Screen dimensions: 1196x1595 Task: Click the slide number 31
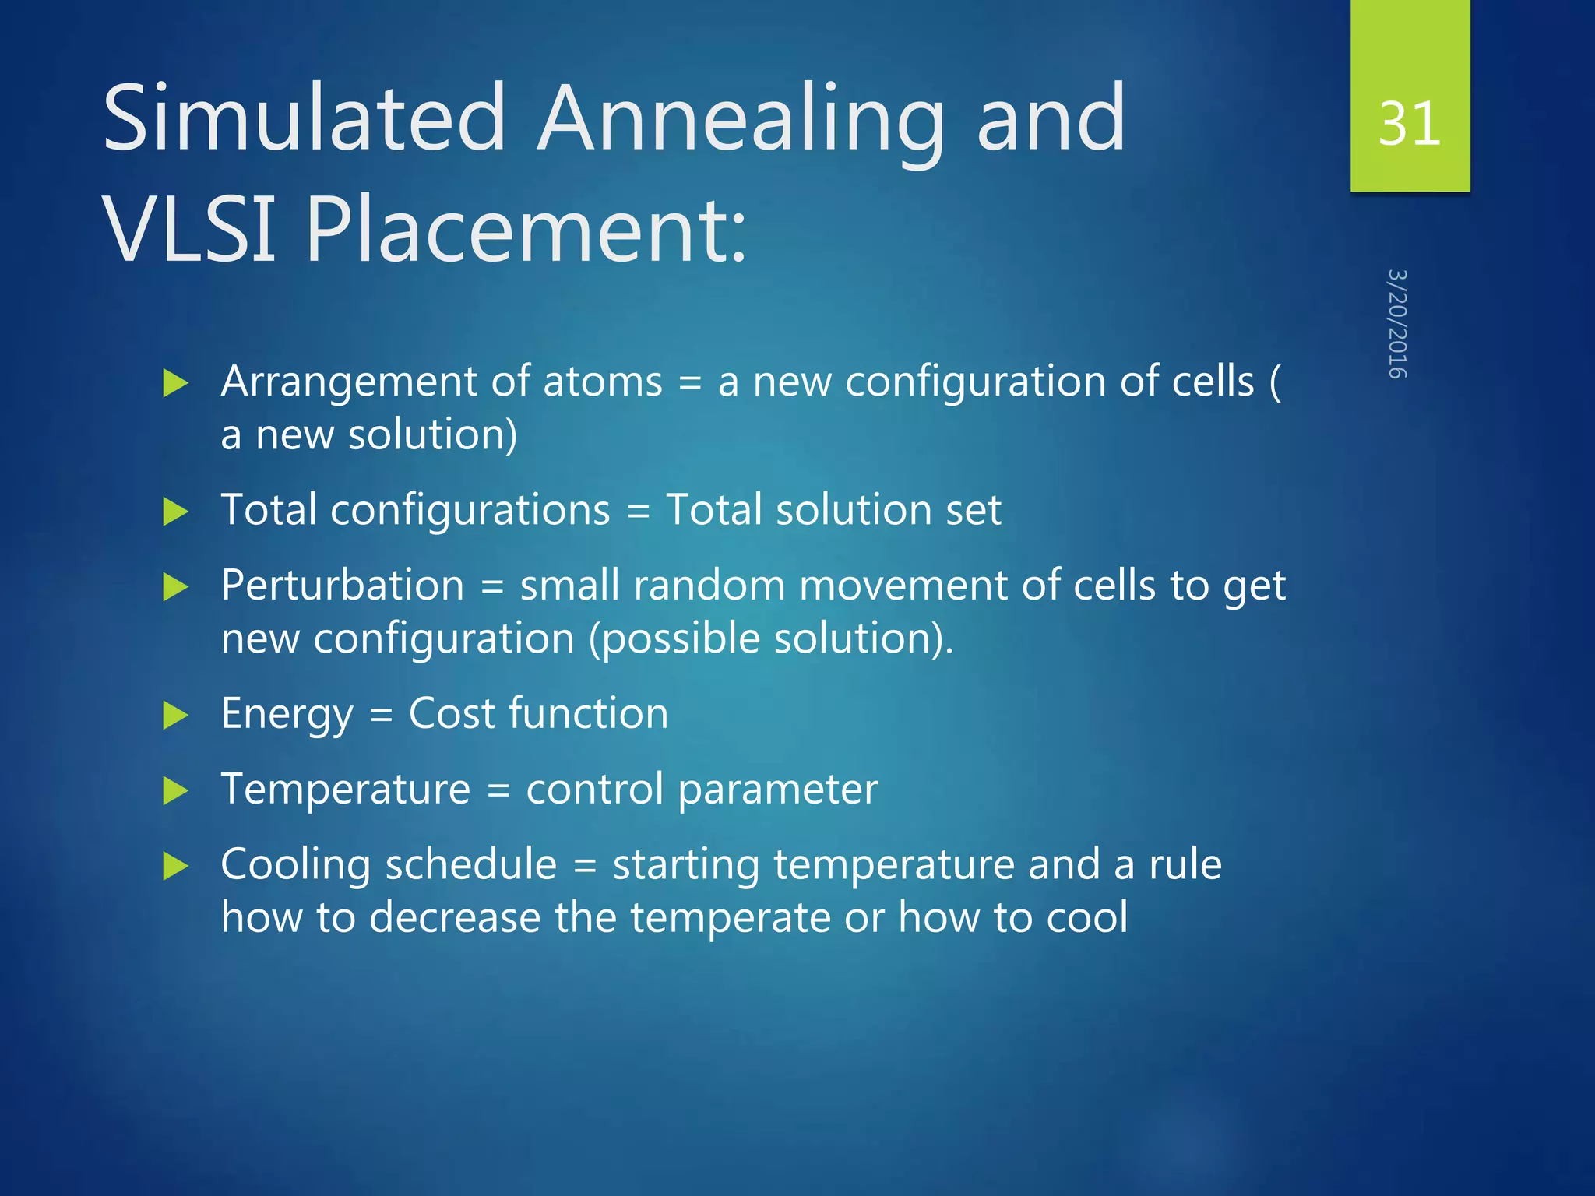pyautogui.click(x=1409, y=123)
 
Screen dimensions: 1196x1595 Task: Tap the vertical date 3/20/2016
pyautogui.click(x=1398, y=324)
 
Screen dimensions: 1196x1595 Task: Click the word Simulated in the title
pyautogui.click(x=305, y=118)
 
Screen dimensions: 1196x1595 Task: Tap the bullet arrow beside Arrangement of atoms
pyautogui.click(x=176, y=383)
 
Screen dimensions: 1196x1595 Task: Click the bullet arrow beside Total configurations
pyautogui.click(x=176, y=512)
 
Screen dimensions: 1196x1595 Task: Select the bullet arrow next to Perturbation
pyautogui.click(x=176, y=586)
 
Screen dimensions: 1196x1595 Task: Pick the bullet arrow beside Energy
pyautogui.click(x=176, y=715)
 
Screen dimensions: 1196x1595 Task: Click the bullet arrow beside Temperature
pyautogui.click(x=176, y=791)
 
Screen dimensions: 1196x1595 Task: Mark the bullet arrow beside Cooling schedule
pyautogui.click(x=176, y=866)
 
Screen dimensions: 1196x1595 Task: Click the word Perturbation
pyautogui.click(x=343, y=586)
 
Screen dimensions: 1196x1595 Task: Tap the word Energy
pyautogui.click(x=287, y=715)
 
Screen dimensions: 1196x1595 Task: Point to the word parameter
pyautogui.click(x=778, y=791)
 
